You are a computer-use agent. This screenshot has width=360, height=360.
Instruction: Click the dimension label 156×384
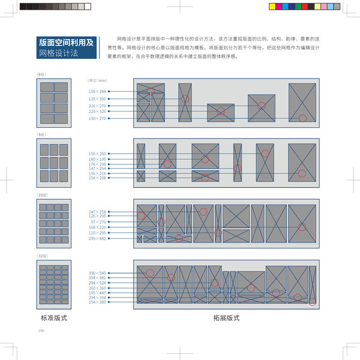coord(97,91)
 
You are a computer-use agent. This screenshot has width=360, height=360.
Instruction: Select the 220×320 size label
coord(97,112)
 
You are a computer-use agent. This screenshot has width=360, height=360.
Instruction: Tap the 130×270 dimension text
coord(97,119)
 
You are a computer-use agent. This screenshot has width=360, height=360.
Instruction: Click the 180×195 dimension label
coord(97,159)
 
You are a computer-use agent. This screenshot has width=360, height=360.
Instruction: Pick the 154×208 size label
coord(97,178)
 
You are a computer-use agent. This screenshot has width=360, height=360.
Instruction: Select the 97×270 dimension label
coord(98,222)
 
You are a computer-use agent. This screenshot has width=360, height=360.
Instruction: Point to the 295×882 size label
coord(97,238)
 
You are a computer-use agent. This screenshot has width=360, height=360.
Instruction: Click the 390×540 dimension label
coord(97,273)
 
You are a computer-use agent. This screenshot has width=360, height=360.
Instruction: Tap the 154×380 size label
coord(97,302)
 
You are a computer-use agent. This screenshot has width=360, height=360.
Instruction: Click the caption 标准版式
coord(53,318)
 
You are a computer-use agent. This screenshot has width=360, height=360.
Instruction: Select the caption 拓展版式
coord(226,318)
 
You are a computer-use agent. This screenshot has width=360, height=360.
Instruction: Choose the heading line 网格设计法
coord(58,53)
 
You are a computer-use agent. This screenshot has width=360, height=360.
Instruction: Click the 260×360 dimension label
coord(97,287)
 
